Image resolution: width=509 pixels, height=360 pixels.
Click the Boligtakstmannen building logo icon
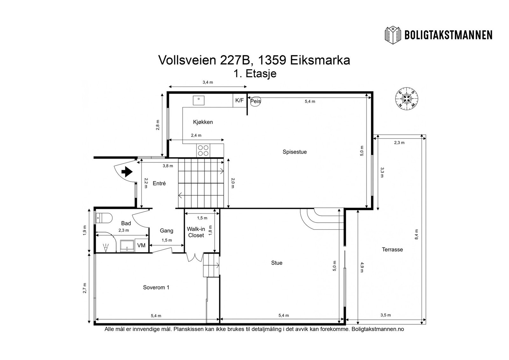[x=393, y=35]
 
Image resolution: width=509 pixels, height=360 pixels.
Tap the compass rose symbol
[x=407, y=99]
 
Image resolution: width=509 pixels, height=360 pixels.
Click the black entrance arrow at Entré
[x=127, y=172]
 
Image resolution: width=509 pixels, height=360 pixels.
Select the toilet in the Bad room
[x=104, y=218]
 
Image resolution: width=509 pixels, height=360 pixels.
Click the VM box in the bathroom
[x=141, y=246]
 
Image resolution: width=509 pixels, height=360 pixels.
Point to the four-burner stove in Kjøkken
[x=203, y=150]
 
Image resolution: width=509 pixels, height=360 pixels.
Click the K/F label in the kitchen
[x=240, y=100]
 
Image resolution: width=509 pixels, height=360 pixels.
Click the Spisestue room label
[x=295, y=152]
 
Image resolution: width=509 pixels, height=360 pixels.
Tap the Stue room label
[x=276, y=263]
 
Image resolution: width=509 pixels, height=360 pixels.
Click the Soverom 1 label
[x=156, y=287]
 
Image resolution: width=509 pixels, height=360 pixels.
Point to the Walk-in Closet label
[x=196, y=232]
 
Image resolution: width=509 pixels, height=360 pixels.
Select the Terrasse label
[x=392, y=250]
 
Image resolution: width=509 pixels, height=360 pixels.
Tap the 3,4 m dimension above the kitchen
[x=208, y=82]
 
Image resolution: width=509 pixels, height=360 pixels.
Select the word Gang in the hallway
[x=166, y=231]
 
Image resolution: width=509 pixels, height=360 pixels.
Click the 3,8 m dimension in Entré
[x=168, y=166]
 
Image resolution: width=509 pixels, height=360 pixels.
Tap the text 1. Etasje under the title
[x=255, y=73]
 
